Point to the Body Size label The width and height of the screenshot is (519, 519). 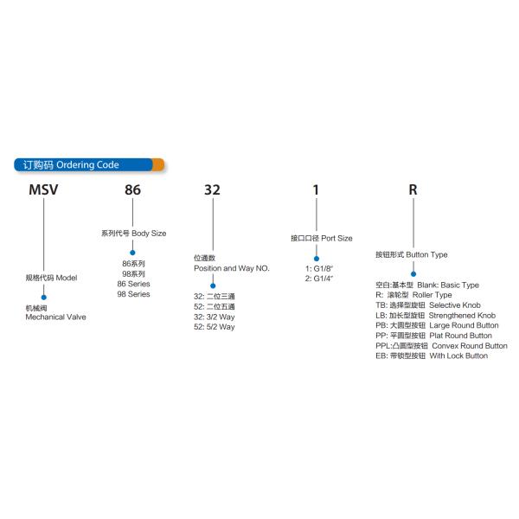134,234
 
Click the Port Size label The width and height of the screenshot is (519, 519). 321,238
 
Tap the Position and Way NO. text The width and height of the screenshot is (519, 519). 232,269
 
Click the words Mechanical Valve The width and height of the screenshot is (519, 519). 56,317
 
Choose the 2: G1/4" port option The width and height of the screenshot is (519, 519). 318,279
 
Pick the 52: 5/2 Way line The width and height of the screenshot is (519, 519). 214,327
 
